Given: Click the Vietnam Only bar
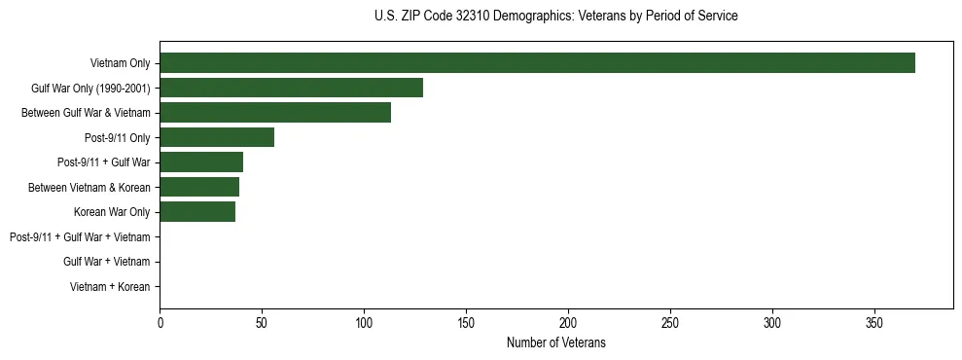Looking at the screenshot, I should [537, 63].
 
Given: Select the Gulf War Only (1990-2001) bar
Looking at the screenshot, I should [291, 88].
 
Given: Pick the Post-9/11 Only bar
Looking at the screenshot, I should [217, 137].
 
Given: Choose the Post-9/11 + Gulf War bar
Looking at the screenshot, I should [201, 162].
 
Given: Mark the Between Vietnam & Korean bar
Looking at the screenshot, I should [199, 187].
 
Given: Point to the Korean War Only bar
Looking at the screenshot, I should [197, 212].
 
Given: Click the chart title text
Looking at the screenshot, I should [555, 17].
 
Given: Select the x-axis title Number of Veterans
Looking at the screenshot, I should [555, 342].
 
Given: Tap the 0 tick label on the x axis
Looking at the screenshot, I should [160, 322].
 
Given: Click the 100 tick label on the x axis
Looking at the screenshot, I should [364, 322].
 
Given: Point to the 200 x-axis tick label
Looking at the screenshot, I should [568, 322].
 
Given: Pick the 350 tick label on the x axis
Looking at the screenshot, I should [874, 322].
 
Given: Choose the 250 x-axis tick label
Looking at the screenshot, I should [670, 322].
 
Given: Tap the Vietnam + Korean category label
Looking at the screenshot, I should [110, 287].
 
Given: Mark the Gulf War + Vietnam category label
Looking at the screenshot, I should [106, 262].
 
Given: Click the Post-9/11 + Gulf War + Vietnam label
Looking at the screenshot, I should [80, 237].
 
